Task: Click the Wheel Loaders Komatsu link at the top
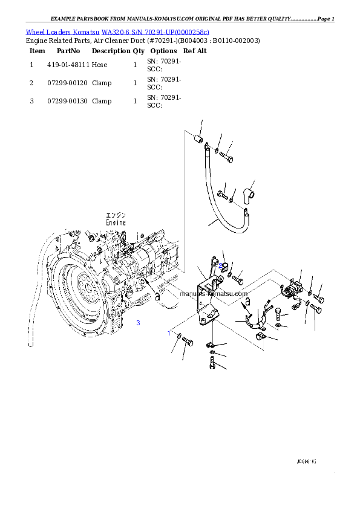click(117, 32)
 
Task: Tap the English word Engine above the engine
click(116, 222)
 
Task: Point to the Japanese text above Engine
click(116, 215)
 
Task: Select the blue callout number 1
click(169, 333)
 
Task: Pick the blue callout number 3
click(138, 323)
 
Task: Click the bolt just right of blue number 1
click(186, 343)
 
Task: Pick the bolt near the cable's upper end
click(225, 158)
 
